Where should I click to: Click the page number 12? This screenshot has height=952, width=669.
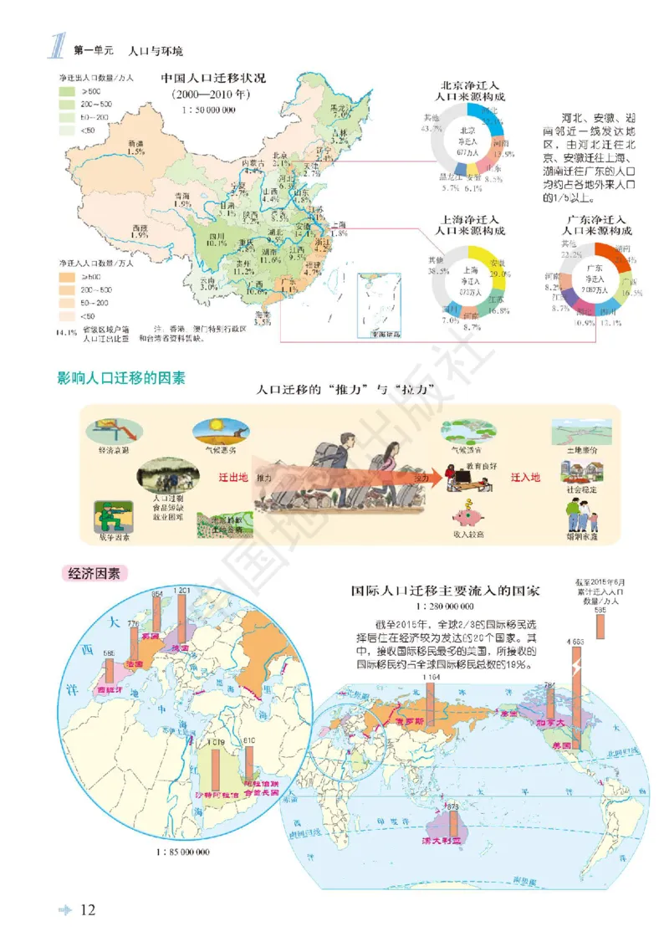[89, 910]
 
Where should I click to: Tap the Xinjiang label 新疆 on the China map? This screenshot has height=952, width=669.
[135, 144]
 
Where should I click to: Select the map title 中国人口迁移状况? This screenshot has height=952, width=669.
[213, 79]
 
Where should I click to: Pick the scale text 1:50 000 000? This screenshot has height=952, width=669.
[208, 110]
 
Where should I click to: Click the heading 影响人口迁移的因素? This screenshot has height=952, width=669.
[121, 378]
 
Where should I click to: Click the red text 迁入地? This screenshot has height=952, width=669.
[526, 477]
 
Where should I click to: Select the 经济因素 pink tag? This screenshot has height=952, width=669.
[93, 574]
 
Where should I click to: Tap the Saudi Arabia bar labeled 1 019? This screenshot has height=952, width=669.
[217, 765]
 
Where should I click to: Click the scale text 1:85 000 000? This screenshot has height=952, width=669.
[182, 852]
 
